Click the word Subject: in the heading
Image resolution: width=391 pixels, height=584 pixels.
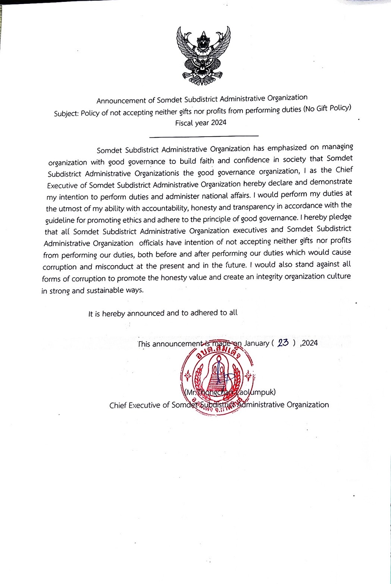coord(66,114)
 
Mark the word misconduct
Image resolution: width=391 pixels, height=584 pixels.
coord(114,267)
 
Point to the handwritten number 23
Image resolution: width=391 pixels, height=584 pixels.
coord(284,343)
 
